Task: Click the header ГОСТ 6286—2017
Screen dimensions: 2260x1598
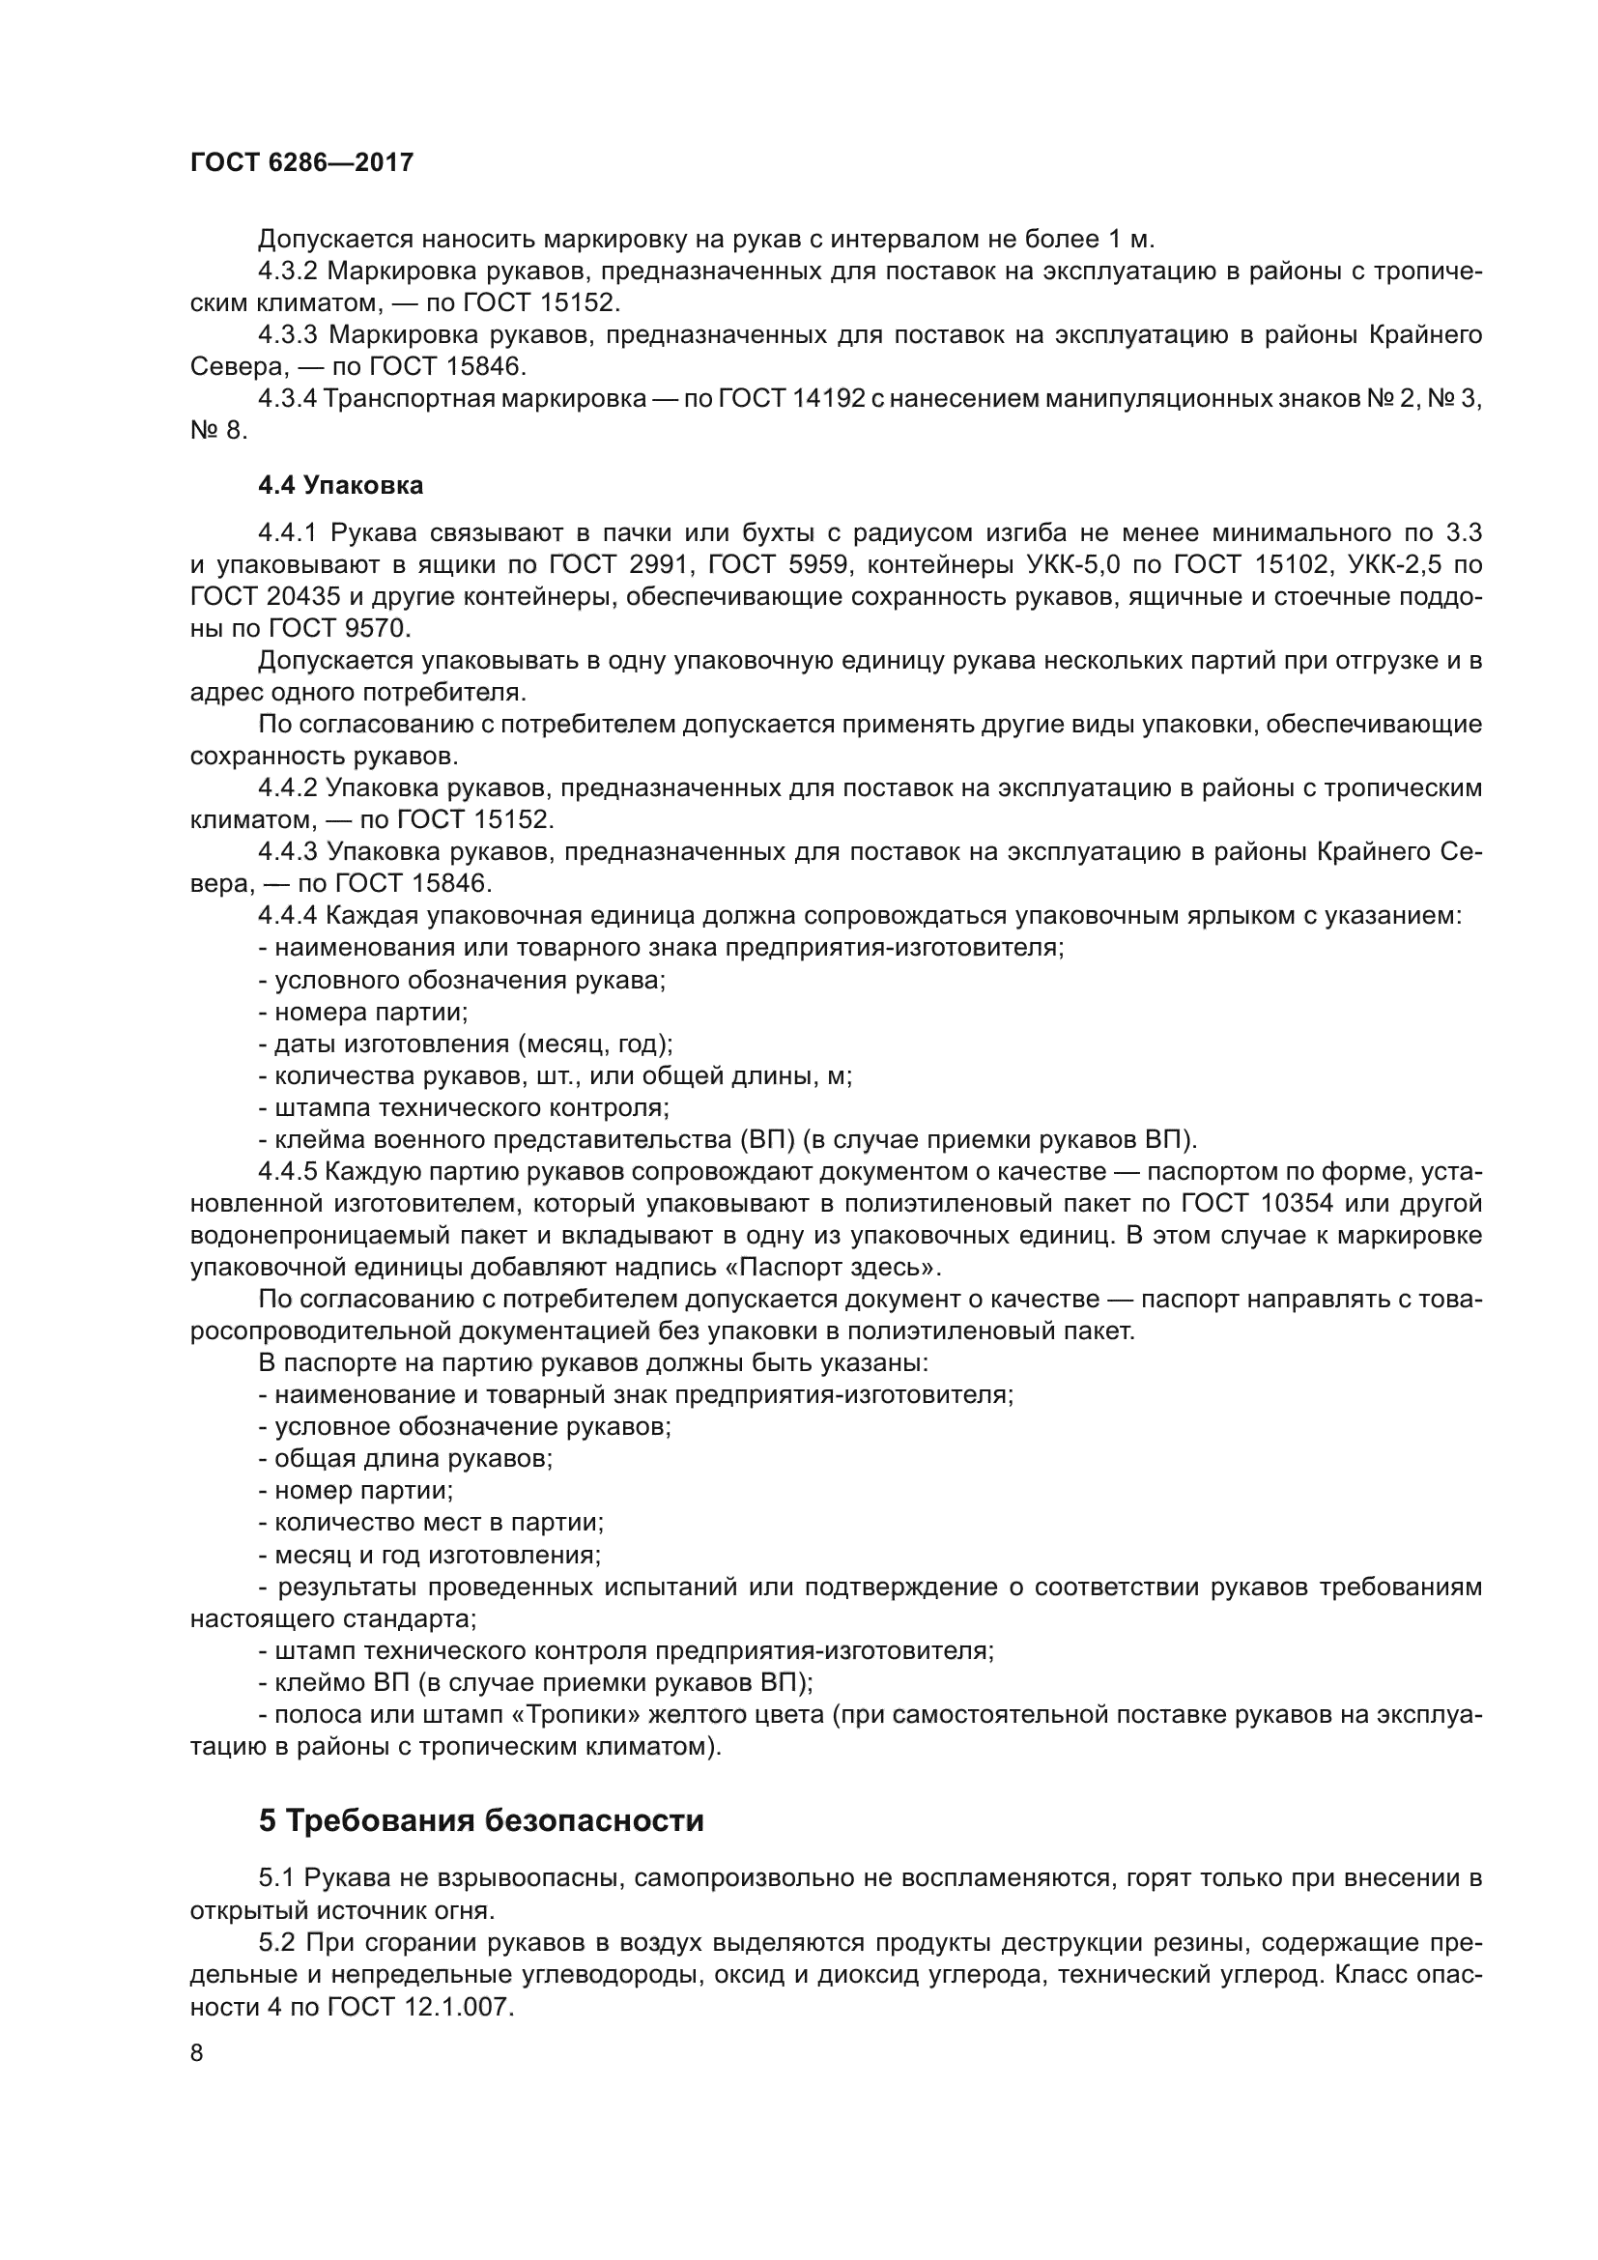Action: pyautogui.click(x=301, y=162)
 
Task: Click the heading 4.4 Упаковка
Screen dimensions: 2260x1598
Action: pyautogui.click(x=340, y=485)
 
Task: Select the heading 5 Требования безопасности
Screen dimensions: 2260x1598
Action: pyautogui.click(x=481, y=1821)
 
